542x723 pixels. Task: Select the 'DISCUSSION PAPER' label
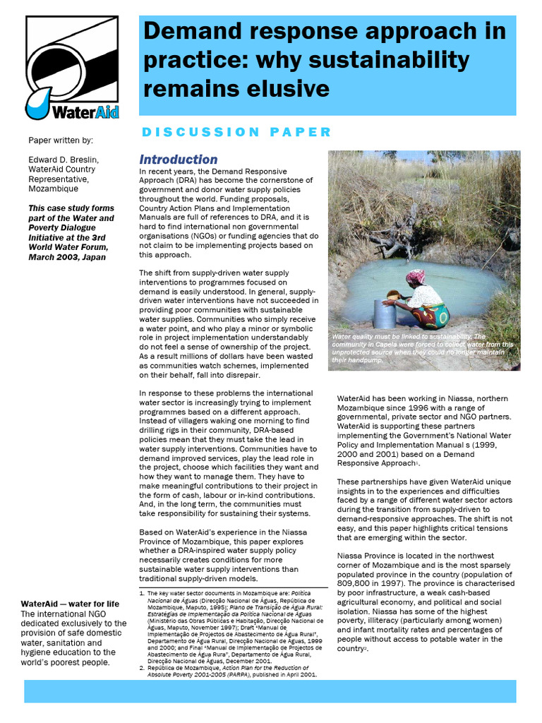236,132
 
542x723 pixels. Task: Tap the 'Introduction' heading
178,160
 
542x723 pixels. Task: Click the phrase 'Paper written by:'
60,141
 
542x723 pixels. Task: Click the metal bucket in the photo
385,313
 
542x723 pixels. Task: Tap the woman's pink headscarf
416,276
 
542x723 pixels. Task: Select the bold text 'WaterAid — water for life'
70,604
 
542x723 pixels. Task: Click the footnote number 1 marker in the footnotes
141,593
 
